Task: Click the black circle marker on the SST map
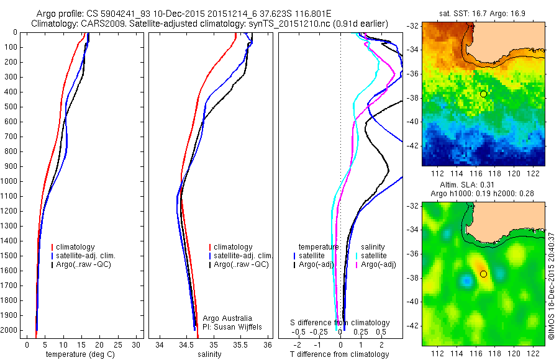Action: pyautogui.click(x=483, y=93)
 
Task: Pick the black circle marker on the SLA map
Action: pyautogui.click(x=483, y=274)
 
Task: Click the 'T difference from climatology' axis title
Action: pyautogui.click(x=340, y=354)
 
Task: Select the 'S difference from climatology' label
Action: pyautogui.click(x=340, y=323)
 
